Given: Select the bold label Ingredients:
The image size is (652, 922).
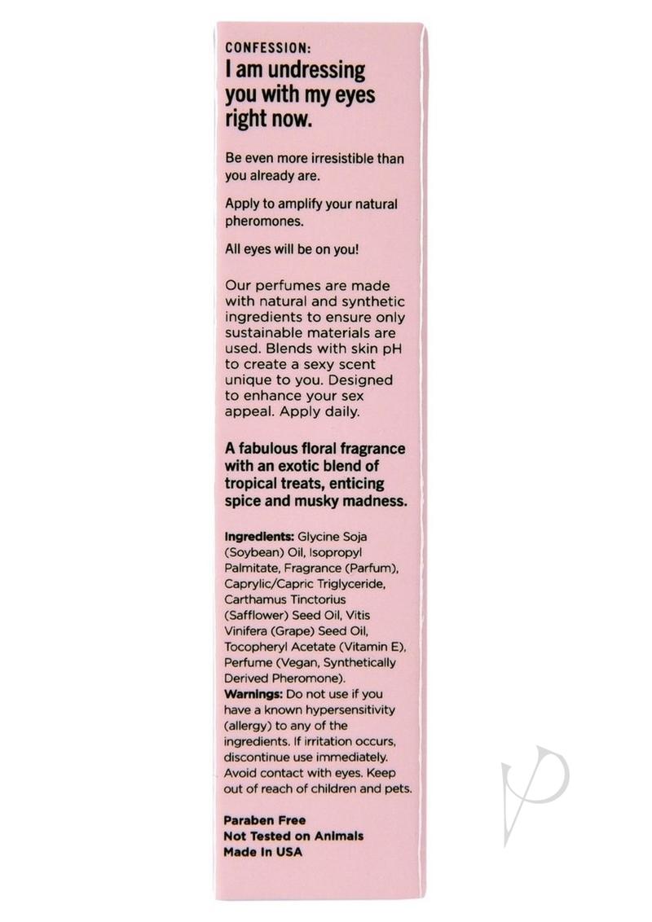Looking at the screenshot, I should (x=258, y=538).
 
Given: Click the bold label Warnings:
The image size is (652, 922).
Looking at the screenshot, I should (x=253, y=694).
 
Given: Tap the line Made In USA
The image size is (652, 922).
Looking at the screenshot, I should (x=262, y=852).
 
